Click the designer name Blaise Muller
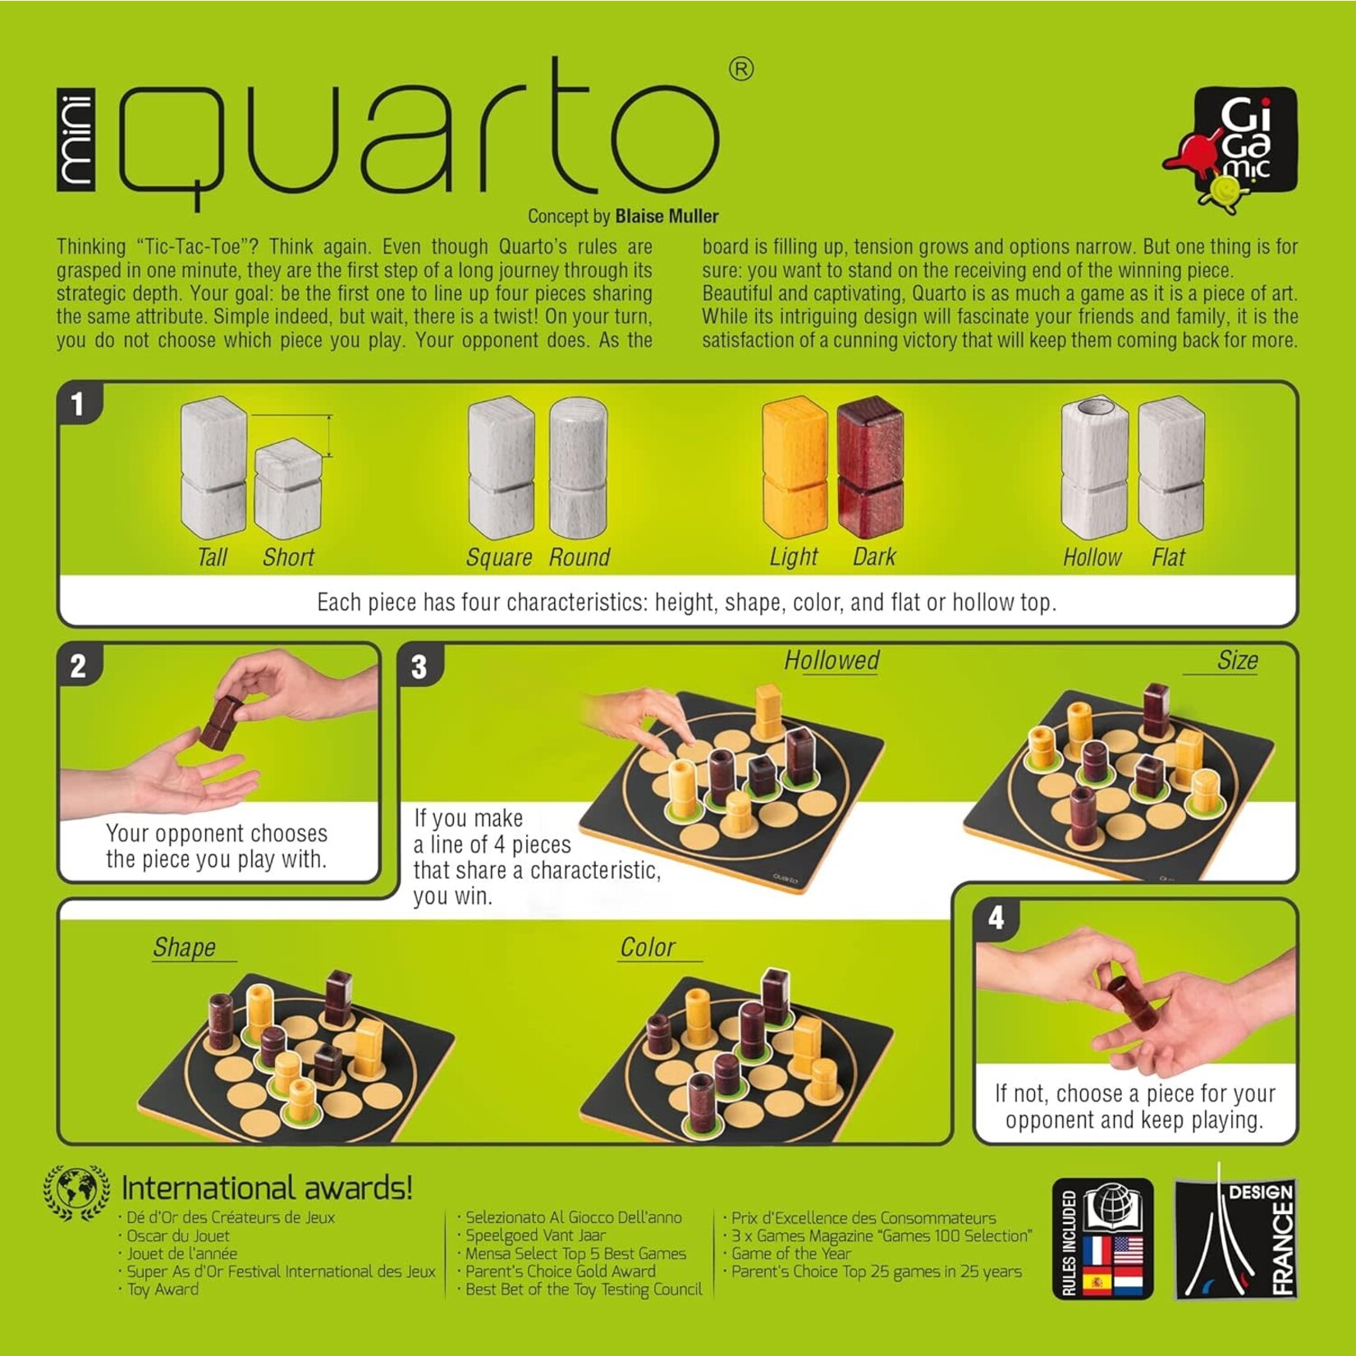click(x=667, y=217)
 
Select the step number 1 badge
click(x=78, y=404)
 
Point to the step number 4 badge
click(x=996, y=918)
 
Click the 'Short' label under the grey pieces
click(x=288, y=558)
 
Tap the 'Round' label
click(x=580, y=558)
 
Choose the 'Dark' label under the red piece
click(x=874, y=557)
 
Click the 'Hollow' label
click(x=1092, y=558)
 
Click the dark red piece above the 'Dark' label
click(x=870, y=470)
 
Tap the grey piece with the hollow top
click(x=1093, y=468)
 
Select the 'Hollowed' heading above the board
click(x=831, y=661)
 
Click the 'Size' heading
click(x=1238, y=661)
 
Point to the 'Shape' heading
click(x=185, y=948)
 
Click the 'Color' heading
click(x=648, y=948)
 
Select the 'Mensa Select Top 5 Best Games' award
click(x=575, y=1253)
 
